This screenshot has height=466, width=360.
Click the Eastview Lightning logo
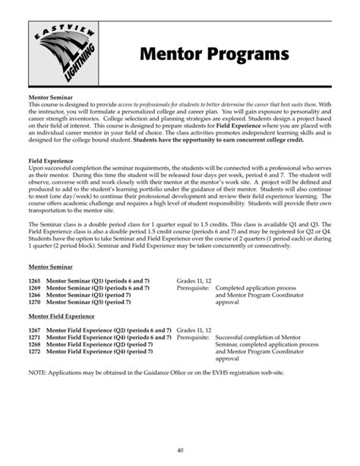coord(65,50)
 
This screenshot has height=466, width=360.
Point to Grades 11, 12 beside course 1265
coord(194,281)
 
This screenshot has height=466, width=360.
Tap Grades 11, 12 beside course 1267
coord(194,331)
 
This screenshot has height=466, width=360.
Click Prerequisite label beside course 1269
coord(194,288)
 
